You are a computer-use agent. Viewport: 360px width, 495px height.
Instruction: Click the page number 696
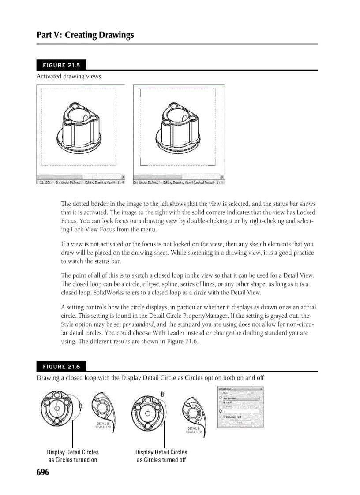[x=43, y=473]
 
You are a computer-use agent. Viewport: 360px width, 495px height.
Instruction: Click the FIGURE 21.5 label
[x=61, y=65]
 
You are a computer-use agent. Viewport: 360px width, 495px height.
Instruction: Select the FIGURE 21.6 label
[x=61, y=366]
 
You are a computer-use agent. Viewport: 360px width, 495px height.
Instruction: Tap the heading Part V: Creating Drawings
[x=86, y=35]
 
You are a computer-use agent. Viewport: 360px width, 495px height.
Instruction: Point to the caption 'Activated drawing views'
[x=69, y=76]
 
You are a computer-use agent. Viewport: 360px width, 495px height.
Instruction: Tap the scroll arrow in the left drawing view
[x=122, y=176]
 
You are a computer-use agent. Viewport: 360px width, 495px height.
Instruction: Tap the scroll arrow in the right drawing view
[x=221, y=176]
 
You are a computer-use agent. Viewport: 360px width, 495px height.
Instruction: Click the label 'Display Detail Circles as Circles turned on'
[x=73, y=456]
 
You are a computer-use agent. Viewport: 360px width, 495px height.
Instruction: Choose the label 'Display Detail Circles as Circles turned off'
[x=161, y=456]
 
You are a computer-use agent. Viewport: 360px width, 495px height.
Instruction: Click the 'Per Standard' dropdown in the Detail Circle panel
[x=241, y=398]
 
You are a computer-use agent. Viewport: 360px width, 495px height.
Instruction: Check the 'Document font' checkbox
[x=225, y=417]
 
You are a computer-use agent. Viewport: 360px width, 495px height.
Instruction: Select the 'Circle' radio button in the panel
[x=225, y=402]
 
